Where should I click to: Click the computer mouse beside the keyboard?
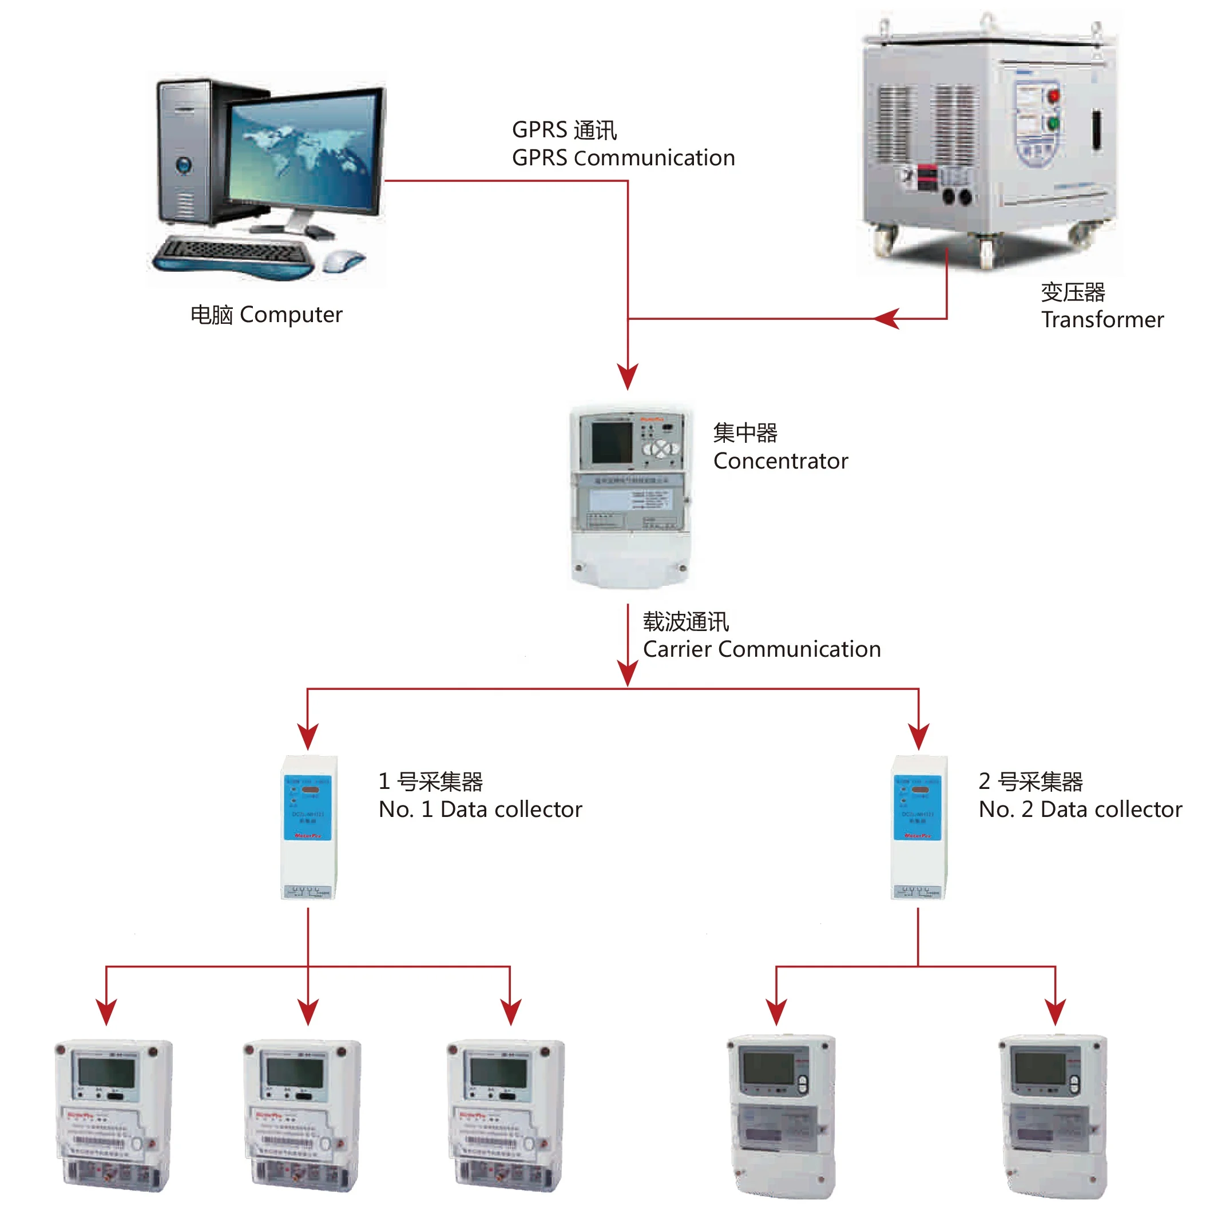coord(342,260)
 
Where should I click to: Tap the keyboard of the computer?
coord(233,255)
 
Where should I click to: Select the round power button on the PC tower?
coord(184,165)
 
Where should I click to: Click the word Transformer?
coord(1101,320)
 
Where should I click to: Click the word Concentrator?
coord(780,461)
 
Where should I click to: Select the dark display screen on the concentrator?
coord(611,442)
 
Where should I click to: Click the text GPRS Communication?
coord(623,157)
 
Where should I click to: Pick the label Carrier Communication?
coord(761,649)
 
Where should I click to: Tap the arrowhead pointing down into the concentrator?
coord(627,376)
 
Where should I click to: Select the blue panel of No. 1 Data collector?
coord(307,808)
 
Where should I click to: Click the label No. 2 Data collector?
coord(1080,809)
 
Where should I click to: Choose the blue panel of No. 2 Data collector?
coord(917,808)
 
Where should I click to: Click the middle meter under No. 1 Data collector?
coord(303,1115)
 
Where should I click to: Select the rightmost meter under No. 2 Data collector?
coord(1053,1116)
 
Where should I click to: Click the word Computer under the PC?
coord(291,315)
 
